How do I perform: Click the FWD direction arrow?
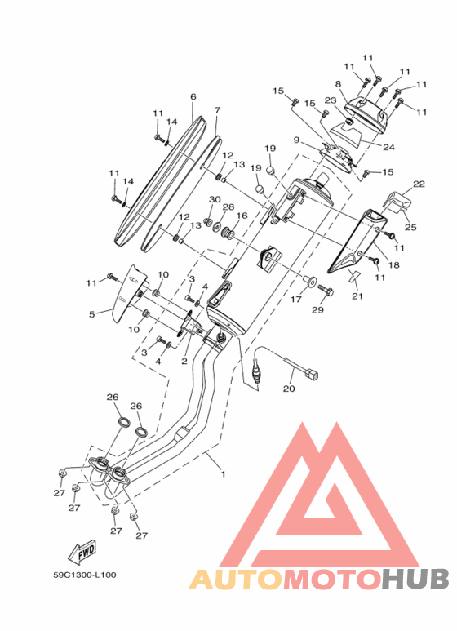coord(82,553)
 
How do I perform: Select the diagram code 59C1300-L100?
coord(85,575)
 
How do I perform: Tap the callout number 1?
coord(224,473)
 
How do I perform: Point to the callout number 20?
coord(289,389)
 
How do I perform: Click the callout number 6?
coord(193,96)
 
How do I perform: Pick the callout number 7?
coord(217,110)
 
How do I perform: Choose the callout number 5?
coord(91,314)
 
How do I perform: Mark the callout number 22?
coord(419,184)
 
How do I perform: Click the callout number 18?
coord(394,264)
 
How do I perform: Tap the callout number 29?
coord(317,310)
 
